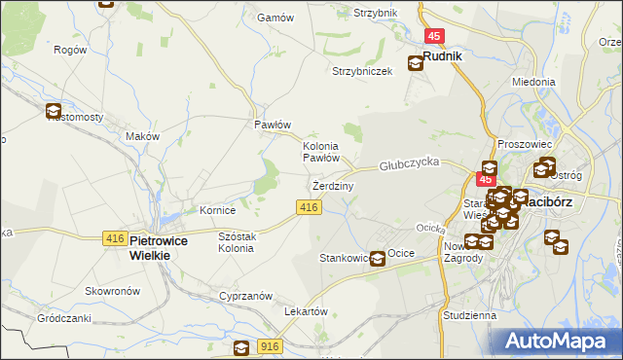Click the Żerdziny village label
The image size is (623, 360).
tap(333, 185)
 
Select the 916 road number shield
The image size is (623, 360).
tap(271, 346)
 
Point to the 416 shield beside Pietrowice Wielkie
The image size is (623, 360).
tap(114, 238)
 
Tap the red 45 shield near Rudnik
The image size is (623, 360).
tap(435, 36)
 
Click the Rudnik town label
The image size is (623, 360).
tap(442, 56)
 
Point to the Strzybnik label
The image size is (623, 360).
tap(376, 13)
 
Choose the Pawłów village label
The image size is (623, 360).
tap(273, 125)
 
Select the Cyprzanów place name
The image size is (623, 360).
tap(244, 295)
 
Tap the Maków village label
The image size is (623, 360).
tap(142, 136)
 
